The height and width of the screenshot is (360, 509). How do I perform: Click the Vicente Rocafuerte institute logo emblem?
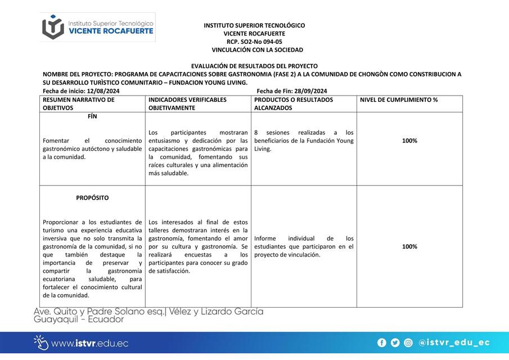pyautogui.click(x=53, y=27)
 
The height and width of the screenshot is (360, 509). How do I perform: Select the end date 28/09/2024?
pyautogui.click(x=310, y=91)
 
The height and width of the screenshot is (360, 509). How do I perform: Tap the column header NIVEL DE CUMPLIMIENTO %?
pyautogui.click(x=398, y=100)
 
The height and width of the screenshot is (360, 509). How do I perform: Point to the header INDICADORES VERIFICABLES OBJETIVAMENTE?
pyautogui.click(x=187, y=103)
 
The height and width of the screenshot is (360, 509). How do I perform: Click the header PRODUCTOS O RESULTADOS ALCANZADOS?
pyautogui.click(x=293, y=103)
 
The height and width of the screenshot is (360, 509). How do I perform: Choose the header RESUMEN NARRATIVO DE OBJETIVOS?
pyautogui.click(x=78, y=103)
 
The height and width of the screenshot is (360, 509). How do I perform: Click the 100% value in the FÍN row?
pyautogui.click(x=409, y=141)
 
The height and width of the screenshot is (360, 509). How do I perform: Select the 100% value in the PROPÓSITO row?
pyautogui.click(x=409, y=246)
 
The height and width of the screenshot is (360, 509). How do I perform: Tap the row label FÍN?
pyautogui.click(x=92, y=116)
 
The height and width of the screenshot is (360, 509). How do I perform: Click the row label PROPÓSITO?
pyautogui.click(x=92, y=198)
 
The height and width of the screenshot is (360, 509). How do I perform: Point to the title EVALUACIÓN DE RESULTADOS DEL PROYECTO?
pyautogui.click(x=254, y=66)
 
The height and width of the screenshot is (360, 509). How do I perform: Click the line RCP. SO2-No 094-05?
pyautogui.click(x=254, y=42)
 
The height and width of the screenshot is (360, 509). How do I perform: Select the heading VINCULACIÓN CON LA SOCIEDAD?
pyautogui.click(x=254, y=50)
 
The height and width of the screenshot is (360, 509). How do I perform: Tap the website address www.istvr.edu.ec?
pyautogui.click(x=89, y=343)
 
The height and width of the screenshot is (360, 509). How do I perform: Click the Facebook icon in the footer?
pyautogui.click(x=382, y=343)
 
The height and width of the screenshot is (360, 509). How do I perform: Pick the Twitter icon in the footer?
pyautogui.click(x=395, y=343)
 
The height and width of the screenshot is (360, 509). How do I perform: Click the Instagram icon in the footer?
pyautogui.click(x=408, y=343)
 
